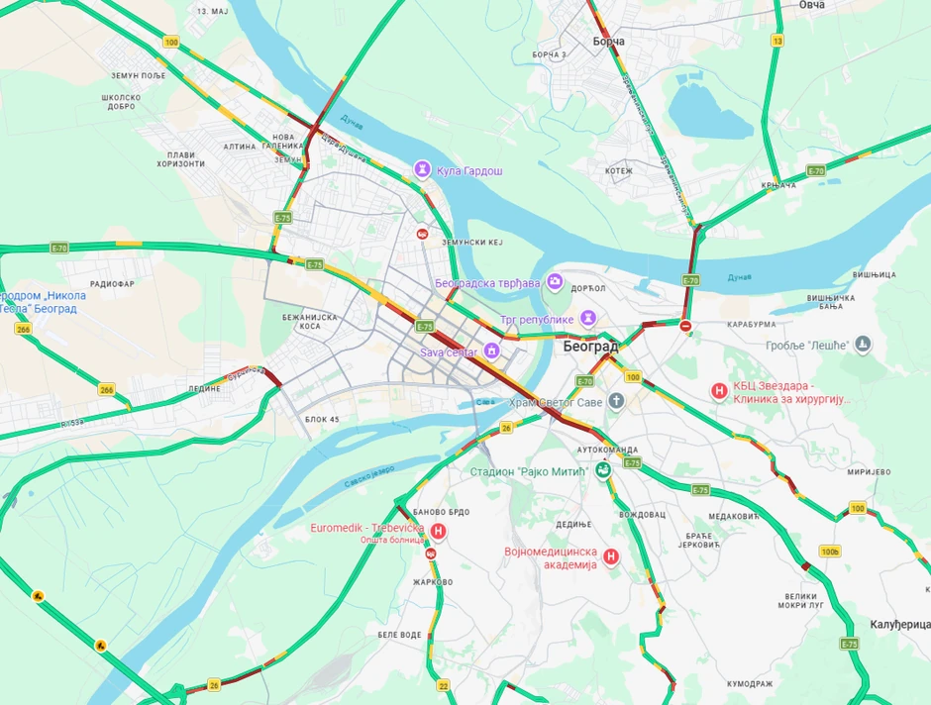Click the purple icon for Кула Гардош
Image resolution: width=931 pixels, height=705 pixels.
coord(423,170)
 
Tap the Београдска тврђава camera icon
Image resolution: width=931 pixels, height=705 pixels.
coord(555,282)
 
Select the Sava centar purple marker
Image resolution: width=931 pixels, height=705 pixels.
coord(490,351)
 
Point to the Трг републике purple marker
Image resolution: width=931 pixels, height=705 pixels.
coord(588,318)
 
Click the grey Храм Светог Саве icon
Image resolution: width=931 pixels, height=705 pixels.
coord(616,401)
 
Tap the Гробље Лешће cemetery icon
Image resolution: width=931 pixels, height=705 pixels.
coord(863,345)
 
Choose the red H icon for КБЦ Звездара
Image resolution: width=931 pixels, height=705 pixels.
coord(720,391)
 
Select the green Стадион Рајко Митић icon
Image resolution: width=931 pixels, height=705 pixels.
coord(601,471)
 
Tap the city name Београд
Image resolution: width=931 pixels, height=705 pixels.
coord(590,347)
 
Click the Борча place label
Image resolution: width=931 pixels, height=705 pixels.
coord(608,42)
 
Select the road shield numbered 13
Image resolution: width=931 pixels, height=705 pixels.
coord(777,41)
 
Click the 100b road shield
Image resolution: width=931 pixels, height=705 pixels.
coord(829,551)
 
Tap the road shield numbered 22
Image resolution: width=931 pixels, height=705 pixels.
coord(443,685)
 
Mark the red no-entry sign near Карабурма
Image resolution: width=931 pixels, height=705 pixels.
coord(685,325)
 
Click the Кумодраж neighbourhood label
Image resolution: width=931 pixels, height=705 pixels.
coord(749,683)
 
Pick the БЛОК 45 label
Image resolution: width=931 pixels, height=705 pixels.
coord(322,420)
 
